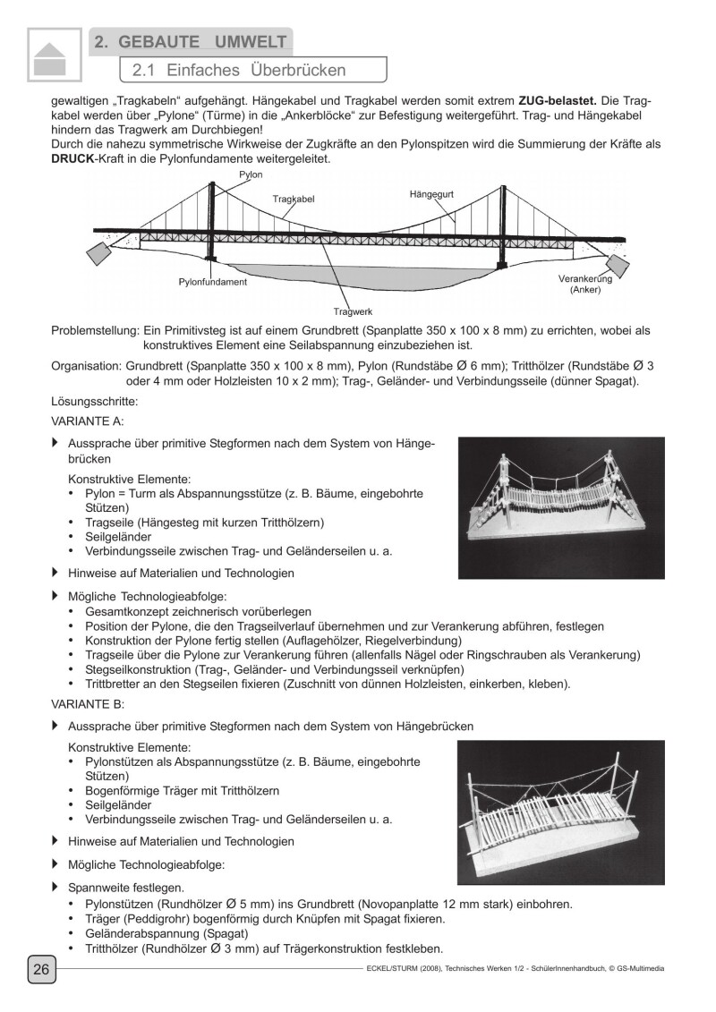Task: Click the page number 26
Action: pos(41,970)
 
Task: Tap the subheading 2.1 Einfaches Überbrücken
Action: pos(238,70)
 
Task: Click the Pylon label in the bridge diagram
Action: pos(251,174)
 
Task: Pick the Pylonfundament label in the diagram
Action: pos(213,281)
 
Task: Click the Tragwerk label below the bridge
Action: pos(353,311)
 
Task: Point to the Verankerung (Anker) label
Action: pos(584,285)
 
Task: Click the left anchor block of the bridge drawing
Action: pos(98,252)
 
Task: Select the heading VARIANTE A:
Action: pos(88,420)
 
